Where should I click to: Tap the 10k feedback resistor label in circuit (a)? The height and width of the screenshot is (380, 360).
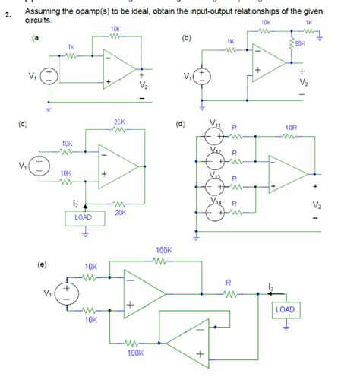(x=114, y=30)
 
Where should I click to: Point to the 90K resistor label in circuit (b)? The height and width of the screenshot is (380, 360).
(x=298, y=43)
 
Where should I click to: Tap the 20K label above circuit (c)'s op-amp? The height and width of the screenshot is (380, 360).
(x=119, y=122)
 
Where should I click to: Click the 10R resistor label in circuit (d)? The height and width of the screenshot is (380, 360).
(x=290, y=127)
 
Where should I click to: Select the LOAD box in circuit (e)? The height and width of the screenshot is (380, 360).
(x=286, y=310)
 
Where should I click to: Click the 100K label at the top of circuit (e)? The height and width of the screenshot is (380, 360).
(x=164, y=249)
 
